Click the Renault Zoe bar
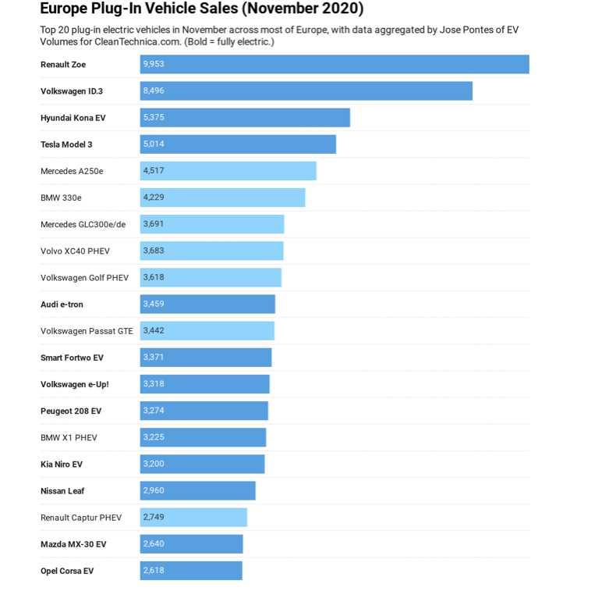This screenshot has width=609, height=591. tap(335, 65)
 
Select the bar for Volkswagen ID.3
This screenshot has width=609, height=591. tap(306, 91)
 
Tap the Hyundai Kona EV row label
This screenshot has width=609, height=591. tap(73, 118)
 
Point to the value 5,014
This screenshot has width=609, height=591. tap(154, 144)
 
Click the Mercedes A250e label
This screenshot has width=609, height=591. tap(72, 171)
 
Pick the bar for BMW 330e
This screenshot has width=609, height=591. tap(222, 198)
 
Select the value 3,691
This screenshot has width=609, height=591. tap(154, 223)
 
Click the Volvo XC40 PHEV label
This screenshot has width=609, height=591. tap(75, 251)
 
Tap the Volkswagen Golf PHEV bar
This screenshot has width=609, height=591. tap(211, 277)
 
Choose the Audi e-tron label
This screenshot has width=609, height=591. tap(62, 304)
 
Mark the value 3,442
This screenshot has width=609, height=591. tap(154, 330)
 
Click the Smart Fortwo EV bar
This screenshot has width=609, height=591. tap(206, 358)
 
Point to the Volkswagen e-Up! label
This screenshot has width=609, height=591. tap(75, 384)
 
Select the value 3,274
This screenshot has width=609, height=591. tap(154, 410)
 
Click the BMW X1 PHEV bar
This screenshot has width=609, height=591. tap(203, 437)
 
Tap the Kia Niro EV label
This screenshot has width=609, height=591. tap(62, 465)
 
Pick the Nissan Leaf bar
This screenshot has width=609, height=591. tap(198, 491)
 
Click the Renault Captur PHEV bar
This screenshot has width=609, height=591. tap(193, 518)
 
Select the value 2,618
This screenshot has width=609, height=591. tap(154, 570)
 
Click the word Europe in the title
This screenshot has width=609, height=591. tap(66, 9)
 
